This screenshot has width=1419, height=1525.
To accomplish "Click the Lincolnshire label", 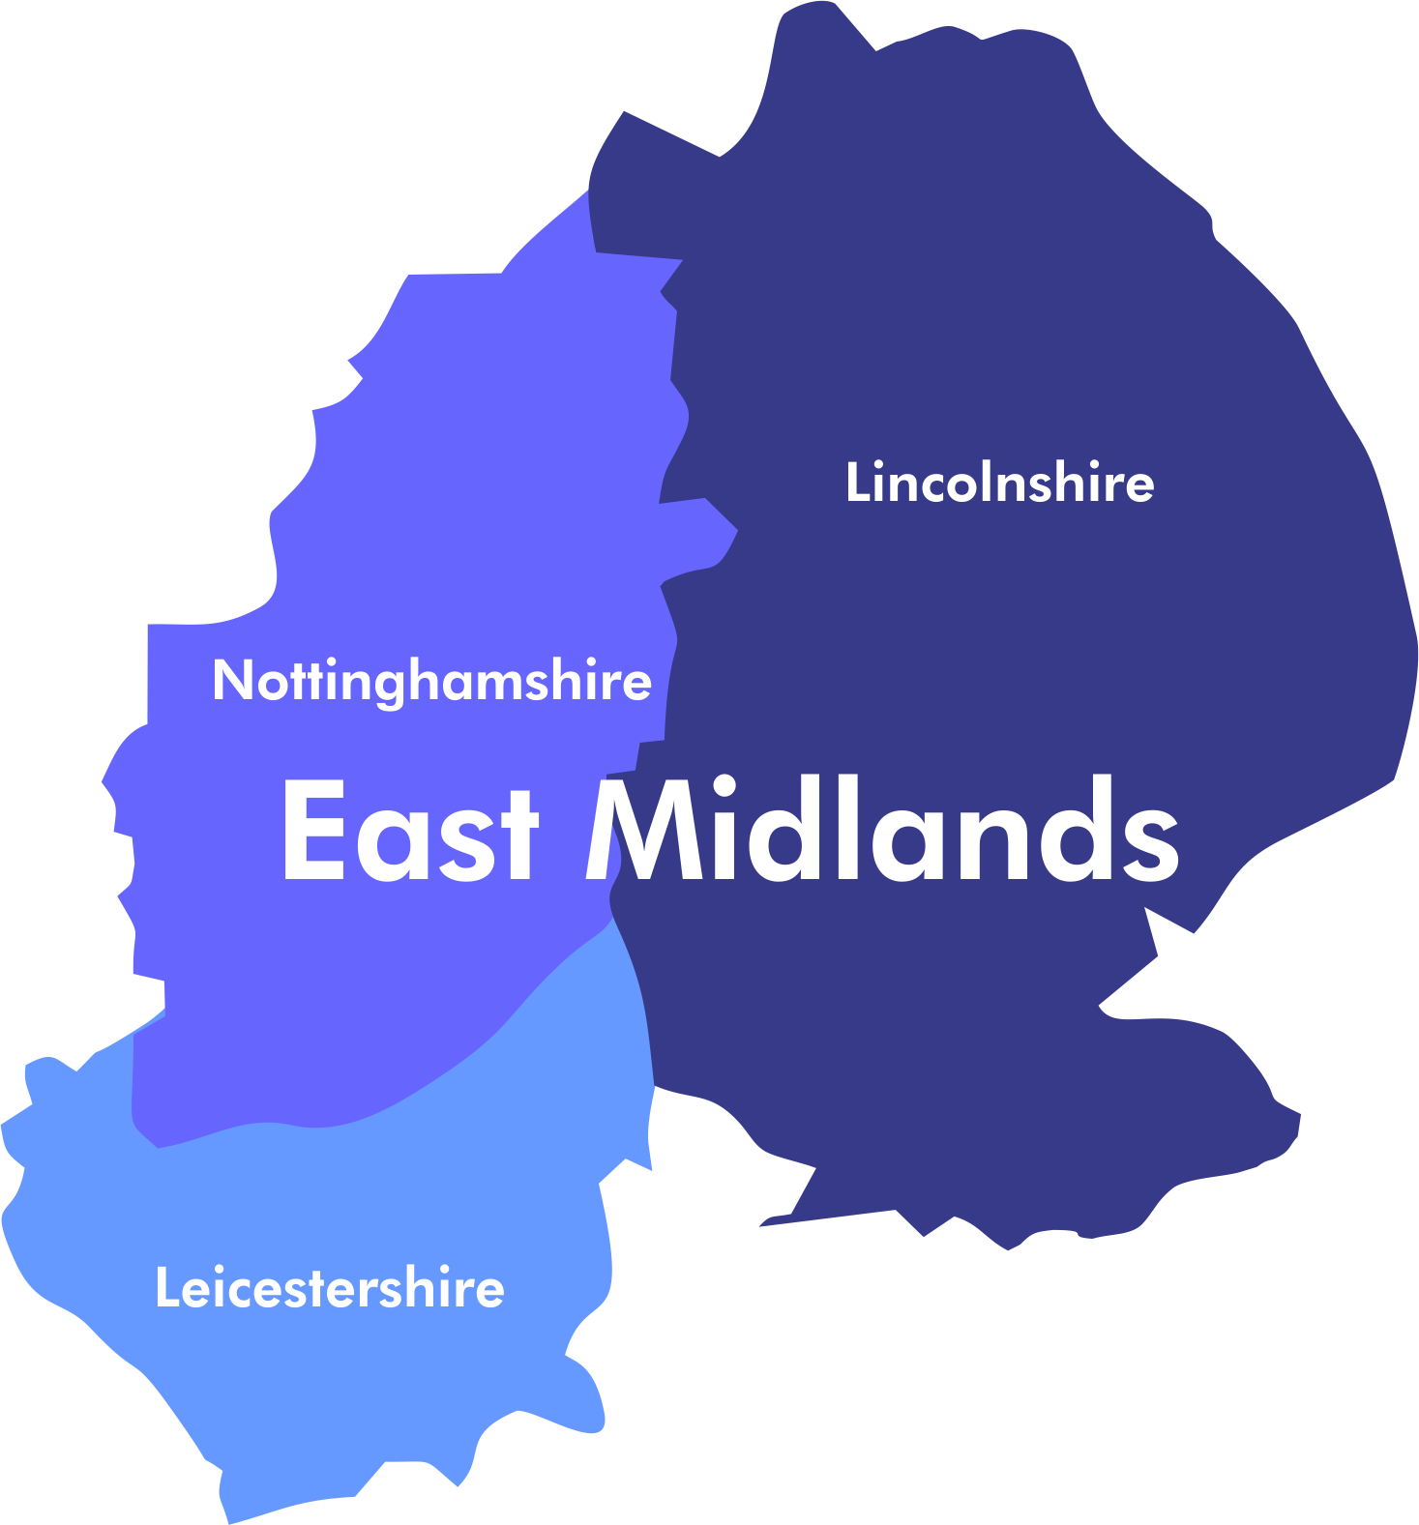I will [x=999, y=482].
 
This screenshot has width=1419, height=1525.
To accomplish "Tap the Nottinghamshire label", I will [x=431, y=681].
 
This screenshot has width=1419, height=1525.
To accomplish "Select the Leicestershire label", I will [x=329, y=1288].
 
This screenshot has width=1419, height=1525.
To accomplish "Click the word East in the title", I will [x=408, y=832].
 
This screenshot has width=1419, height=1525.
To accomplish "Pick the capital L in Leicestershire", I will [x=165, y=1288].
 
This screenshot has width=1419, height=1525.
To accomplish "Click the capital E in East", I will [x=311, y=832].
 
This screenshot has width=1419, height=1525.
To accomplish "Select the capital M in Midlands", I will [x=644, y=832].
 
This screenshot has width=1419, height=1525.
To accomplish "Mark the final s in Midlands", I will [x=1148, y=841].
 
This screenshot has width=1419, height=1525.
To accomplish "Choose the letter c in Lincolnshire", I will [x=933, y=485].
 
